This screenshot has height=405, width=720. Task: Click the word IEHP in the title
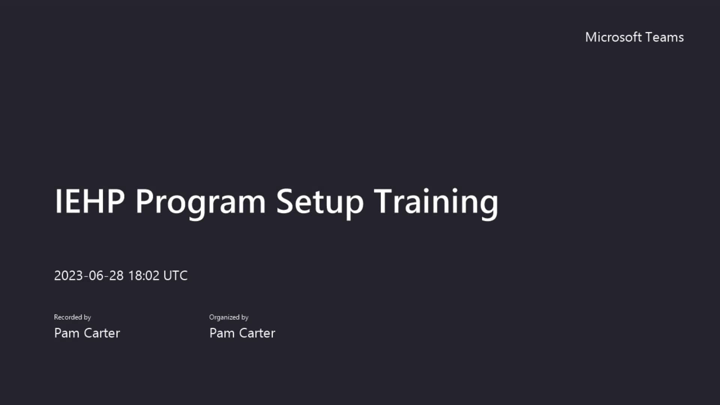[90, 201]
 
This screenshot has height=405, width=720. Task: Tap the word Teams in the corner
[665, 37]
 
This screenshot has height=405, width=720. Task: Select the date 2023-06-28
[88, 276]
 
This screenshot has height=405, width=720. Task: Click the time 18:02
[144, 276]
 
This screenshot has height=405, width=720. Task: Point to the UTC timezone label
[175, 276]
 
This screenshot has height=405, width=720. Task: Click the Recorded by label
[72, 317]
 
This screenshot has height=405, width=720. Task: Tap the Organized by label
[229, 317]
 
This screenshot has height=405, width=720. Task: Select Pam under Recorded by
[66, 333]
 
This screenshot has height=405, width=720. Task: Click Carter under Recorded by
[102, 333]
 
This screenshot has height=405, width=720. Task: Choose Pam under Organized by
[222, 333]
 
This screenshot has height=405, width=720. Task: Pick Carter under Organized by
[257, 333]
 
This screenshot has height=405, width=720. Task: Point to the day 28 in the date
[116, 276]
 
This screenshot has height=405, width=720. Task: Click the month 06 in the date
[96, 276]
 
